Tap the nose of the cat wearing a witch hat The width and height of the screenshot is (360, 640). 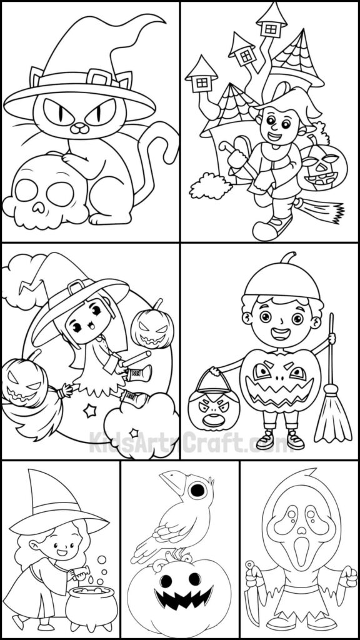tap(79, 127)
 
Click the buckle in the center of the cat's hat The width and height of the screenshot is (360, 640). tap(100, 78)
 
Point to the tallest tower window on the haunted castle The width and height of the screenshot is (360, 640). tap(271, 27)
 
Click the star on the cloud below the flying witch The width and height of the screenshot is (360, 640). tap(133, 432)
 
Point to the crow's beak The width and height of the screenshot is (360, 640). tap(169, 481)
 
